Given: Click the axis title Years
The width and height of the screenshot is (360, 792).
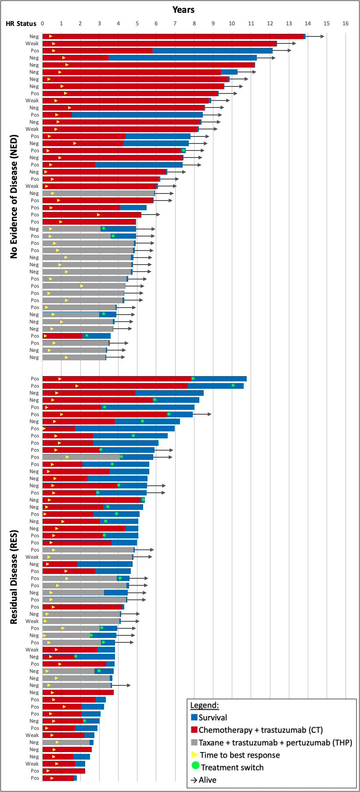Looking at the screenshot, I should pos(183,10).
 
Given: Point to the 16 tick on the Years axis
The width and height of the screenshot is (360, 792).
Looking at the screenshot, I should pos(346,23).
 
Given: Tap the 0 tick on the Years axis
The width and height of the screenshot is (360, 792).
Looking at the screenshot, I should pos(42,23).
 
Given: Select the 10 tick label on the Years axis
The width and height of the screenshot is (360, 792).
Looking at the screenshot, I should pos(232,23).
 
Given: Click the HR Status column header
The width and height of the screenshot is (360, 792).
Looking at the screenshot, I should pos(21,24).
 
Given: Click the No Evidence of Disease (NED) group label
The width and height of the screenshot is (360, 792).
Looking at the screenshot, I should pos(14,196).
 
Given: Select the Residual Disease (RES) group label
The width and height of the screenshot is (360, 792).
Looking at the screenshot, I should pos(14,577).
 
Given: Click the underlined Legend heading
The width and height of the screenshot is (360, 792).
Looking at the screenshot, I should pos(204,705).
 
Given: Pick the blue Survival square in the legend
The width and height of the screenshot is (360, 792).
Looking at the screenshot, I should pos(194,717).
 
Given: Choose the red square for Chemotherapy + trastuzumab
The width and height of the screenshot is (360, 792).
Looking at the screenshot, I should pos(194,730).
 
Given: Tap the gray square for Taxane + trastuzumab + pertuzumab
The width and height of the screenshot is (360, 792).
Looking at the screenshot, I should pos(194,742).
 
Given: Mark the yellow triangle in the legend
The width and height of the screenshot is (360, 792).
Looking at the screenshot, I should pos(195,755).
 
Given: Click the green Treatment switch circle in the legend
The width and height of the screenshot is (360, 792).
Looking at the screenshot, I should pos(196,767).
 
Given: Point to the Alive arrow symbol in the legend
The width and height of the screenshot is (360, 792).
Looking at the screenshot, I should pos(194,780).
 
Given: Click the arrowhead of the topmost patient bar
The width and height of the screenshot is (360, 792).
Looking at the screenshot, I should pos(322,36).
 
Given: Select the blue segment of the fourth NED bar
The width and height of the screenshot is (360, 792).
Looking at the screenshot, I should pos(182,57).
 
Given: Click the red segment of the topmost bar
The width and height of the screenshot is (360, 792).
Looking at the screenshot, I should pos(176,36).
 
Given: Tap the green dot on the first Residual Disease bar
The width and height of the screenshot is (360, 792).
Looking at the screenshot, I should pos(193,378).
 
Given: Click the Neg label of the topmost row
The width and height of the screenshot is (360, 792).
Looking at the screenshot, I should pos(34,36).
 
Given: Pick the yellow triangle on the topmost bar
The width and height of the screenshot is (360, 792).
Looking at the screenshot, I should pos(50,36).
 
